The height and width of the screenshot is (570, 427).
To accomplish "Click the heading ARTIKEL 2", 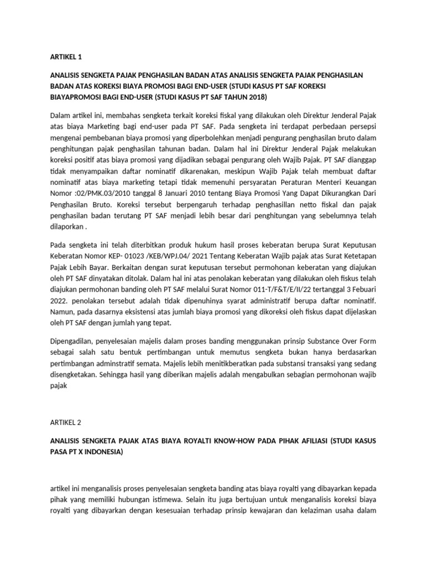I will [66, 422].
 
